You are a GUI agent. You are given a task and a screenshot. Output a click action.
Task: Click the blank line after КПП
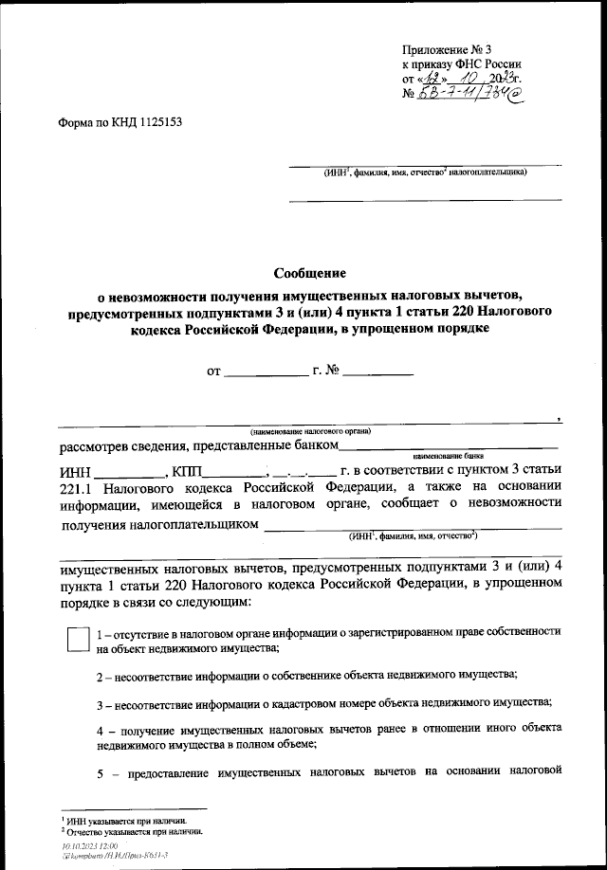coord(232,474)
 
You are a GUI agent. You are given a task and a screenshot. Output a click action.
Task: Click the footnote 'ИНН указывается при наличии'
coord(126,821)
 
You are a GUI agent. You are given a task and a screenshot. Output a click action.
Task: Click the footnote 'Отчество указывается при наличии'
coord(134,830)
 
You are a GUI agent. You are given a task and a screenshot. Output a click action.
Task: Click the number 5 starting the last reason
coord(101,770)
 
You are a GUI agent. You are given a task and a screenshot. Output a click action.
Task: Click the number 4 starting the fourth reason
coord(101,729)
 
